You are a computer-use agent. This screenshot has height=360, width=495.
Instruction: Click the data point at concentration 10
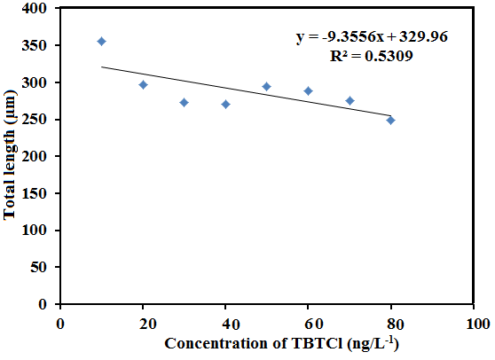click(101, 41)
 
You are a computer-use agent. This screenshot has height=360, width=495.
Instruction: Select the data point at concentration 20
click(143, 84)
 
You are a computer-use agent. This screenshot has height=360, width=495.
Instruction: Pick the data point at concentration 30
click(184, 102)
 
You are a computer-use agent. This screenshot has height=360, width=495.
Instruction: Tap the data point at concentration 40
click(225, 104)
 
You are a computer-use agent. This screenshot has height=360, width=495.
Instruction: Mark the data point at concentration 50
click(266, 86)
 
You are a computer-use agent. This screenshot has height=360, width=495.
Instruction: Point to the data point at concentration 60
click(308, 90)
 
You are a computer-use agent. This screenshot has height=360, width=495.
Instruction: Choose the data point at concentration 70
click(350, 100)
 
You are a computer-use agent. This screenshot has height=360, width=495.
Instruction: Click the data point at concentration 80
click(390, 120)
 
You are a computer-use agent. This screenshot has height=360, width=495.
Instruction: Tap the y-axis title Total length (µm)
click(12, 157)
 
